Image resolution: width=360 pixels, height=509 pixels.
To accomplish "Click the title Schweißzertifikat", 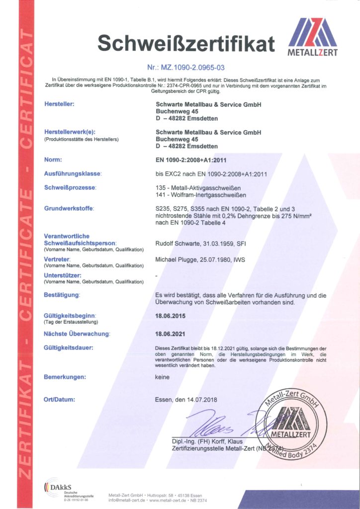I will pyautogui.click(x=186, y=44).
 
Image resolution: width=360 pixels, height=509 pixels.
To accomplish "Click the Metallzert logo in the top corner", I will pyautogui.click(x=313, y=38).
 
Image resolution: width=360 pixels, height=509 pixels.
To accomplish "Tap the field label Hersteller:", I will pyautogui.click(x=59, y=104).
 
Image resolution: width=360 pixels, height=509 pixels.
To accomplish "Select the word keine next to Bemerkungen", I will pyautogui.click(x=162, y=377).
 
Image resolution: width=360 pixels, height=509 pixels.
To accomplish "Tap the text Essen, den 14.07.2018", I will pyautogui.click(x=186, y=400).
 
